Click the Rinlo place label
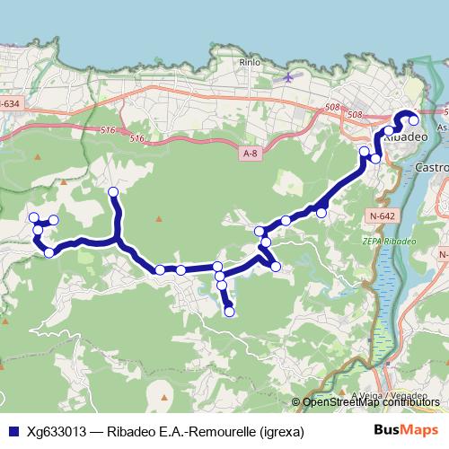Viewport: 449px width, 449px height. tap(249, 62)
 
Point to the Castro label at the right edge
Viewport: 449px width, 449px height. tap(433, 168)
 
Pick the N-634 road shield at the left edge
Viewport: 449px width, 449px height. tap(9, 103)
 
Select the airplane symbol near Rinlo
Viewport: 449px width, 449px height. tap(287, 77)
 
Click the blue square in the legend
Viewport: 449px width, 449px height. tap(12, 432)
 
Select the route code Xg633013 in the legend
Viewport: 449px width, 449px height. tap(57, 432)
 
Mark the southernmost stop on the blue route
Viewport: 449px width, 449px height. tap(229, 312)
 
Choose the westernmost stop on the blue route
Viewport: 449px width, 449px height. tap(33, 217)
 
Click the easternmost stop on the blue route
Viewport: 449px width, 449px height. tap(414, 119)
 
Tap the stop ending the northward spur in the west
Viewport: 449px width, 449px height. tap(113, 192)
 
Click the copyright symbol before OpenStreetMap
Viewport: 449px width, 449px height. tap(297, 402)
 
